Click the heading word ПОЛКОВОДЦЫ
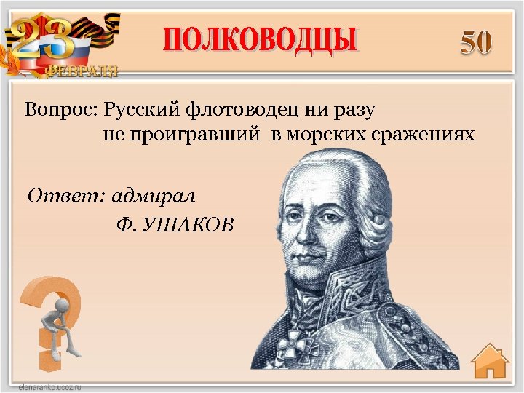(x=260, y=40)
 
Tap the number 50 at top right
(x=476, y=43)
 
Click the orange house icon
(x=489, y=362)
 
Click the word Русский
(x=142, y=111)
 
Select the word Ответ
(x=63, y=195)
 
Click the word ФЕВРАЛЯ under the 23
(x=82, y=71)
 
